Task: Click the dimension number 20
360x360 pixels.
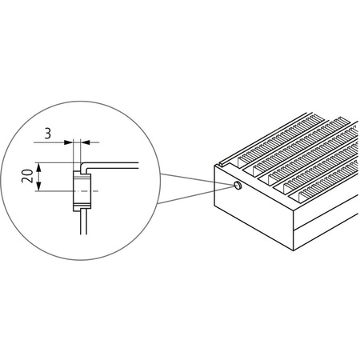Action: pyautogui.click(x=27, y=178)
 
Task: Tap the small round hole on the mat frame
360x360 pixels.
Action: pyautogui.click(x=238, y=186)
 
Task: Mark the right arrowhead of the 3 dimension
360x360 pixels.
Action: pyautogui.click(x=84, y=142)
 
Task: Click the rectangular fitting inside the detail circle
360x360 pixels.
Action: pyautogui.click(x=82, y=190)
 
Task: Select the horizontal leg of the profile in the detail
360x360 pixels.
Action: pyautogui.click(x=116, y=165)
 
